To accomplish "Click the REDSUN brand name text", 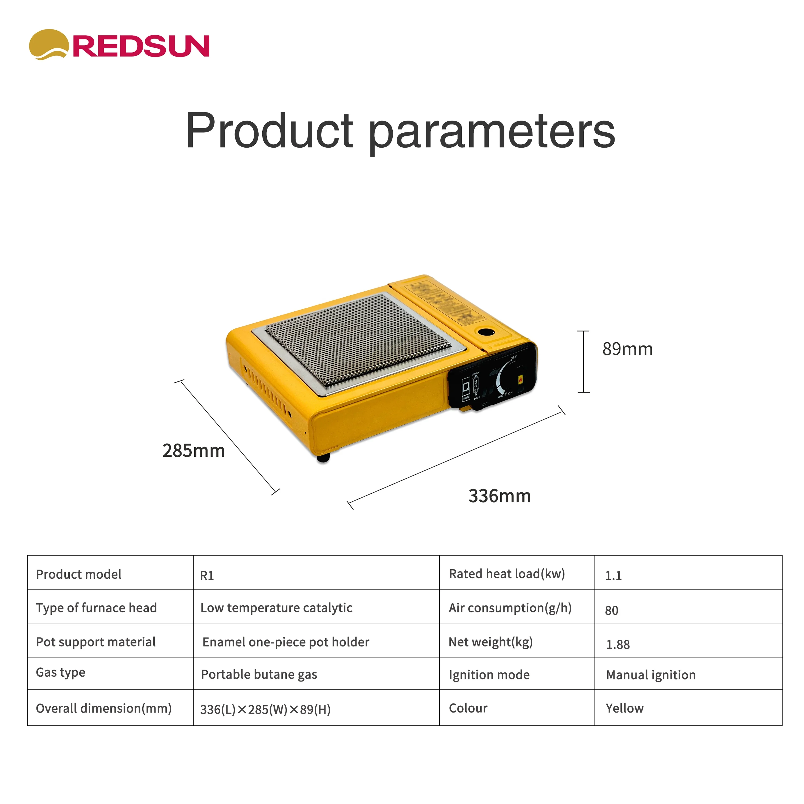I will pos(141,46).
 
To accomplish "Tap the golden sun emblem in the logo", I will pos(48,44).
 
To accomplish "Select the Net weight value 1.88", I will pos(617,645).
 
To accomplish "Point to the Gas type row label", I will pos(61,672).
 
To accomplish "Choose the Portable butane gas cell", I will pos(259,675).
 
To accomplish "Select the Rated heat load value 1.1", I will pos(613,576).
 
